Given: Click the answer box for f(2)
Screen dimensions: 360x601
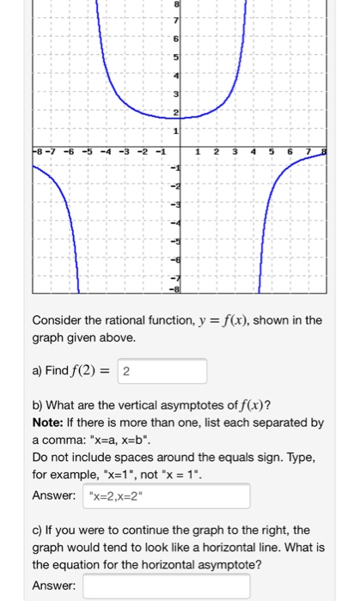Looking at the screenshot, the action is pos(163,371).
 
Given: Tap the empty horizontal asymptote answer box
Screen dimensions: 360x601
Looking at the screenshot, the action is pos(167,586).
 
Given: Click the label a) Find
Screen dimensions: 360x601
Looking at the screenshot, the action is pos(57,371).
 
